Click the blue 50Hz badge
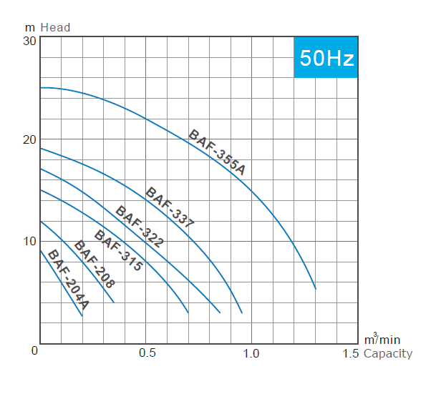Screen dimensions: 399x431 326,57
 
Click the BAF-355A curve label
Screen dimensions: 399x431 217,152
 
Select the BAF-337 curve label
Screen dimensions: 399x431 170,207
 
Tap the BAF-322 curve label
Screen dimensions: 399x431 140,227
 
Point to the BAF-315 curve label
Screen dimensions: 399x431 119,250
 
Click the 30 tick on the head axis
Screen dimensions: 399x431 29,41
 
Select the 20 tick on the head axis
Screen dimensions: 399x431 29,139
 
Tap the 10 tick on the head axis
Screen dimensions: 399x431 29,240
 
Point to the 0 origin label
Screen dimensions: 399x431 34,350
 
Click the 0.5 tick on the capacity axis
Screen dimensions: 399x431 147,353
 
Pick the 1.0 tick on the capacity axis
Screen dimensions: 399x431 251,353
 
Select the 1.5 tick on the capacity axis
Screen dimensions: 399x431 351,353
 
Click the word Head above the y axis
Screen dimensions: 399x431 56,27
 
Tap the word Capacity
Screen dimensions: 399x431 388,353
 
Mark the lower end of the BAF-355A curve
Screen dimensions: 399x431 315,288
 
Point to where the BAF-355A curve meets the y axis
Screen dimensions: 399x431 40,88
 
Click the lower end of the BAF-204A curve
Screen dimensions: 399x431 82,315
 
